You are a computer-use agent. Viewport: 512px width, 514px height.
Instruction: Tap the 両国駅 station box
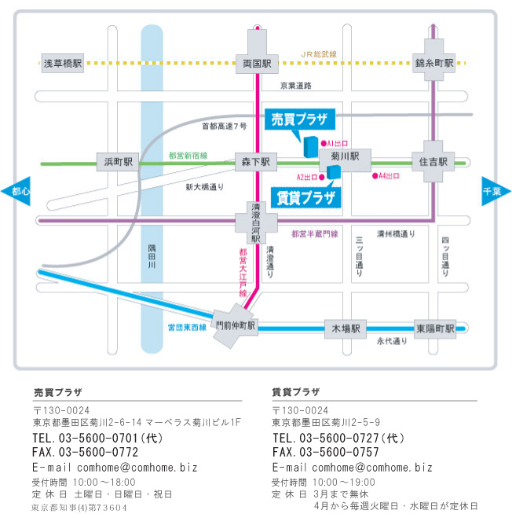coord(258,61)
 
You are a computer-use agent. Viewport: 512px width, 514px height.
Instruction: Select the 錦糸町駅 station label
coord(434,61)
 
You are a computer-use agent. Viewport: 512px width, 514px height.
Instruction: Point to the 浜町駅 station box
coord(118,162)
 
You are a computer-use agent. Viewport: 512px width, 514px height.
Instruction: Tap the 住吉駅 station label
coord(433,162)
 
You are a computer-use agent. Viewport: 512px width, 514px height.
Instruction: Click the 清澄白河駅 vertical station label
coord(255,221)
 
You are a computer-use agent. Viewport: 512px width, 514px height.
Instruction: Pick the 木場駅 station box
coord(346,328)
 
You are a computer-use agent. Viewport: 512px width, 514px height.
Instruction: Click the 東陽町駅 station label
coord(435,328)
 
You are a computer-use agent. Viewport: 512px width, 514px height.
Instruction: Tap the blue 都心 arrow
coord(19,190)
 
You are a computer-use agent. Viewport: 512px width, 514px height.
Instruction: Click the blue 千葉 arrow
coord(494,190)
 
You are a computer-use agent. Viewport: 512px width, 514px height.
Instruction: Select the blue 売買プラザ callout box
coord(298,119)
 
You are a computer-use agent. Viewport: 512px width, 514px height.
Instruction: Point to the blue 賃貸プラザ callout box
coord(305,196)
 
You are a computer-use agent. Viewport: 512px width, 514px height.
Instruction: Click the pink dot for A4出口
coord(375,175)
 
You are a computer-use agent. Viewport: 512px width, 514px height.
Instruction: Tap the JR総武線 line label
coord(319,53)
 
